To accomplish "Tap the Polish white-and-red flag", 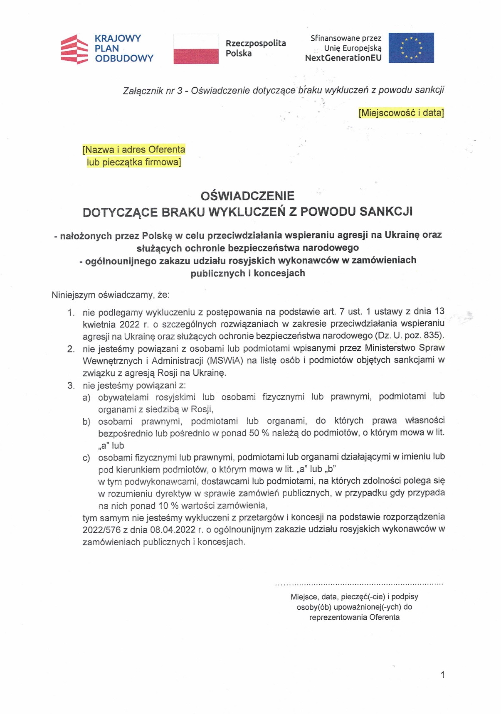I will coord(196,49).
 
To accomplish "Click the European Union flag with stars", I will coord(411,48).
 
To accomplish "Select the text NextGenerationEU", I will coord(343,58).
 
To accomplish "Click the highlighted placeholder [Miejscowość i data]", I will coord(401,113).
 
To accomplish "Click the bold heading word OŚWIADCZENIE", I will coord(247,196).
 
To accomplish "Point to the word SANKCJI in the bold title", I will coord(386,212).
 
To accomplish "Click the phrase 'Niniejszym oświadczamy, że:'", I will coord(111,295).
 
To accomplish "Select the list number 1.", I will coord(71,312).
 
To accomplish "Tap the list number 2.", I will coord(71,349).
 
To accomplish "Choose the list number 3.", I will coord(71,385).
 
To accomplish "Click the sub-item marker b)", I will coord(86,422).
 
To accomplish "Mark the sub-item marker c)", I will coord(86,458).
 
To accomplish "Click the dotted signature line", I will coord(359,584).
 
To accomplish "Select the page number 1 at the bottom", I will coord(443,675).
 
